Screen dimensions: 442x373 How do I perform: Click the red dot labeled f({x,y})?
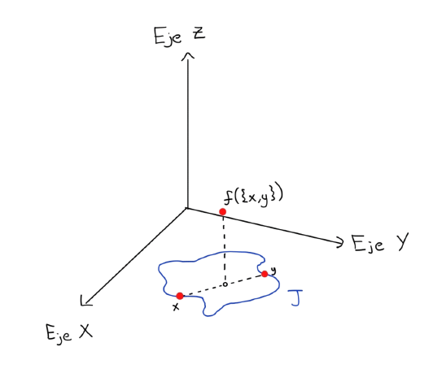(x=223, y=212)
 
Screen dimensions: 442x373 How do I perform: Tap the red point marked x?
(x=180, y=296)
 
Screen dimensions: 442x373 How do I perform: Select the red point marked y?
(x=265, y=274)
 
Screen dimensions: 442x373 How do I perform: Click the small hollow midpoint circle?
(x=225, y=284)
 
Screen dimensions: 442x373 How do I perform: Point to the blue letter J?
(x=295, y=297)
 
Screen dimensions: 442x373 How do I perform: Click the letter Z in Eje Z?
(x=199, y=34)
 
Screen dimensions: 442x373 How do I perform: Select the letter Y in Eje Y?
(x=401, y=242)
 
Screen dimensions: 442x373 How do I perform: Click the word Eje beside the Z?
(x=168, y=37)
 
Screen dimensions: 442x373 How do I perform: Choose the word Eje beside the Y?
(x=368, y=244)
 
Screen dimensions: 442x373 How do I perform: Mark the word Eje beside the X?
(x=59, y=335)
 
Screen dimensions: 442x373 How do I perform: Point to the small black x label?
(x=176, y=307)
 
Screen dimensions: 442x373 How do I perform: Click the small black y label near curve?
(x=274, y=271)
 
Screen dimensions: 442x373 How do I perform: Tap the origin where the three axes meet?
(x=187, y=208)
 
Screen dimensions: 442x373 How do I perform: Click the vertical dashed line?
(x=224, y=249)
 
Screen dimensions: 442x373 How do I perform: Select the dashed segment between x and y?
(x=223, y=285)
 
